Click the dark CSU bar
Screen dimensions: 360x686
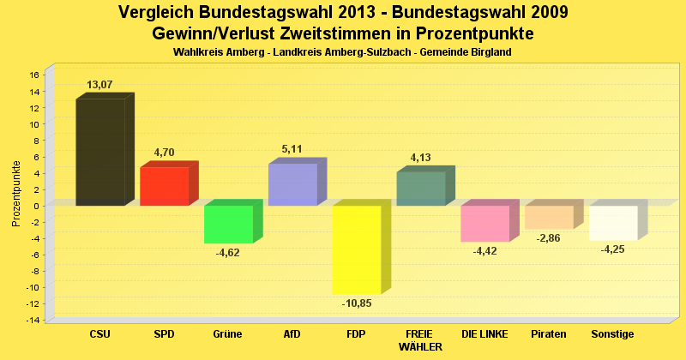(x=100, y=152)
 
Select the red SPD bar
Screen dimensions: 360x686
(x=164, y=186)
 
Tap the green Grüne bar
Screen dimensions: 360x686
(x=228, y=225)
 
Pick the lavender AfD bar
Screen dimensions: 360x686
(x=292, y=184)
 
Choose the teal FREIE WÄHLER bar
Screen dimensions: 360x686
(x=420, y=189)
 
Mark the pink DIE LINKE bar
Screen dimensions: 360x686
(x=484, y=224)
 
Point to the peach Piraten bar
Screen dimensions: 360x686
(x=549, y=218)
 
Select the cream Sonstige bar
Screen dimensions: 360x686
(x=612, y=223)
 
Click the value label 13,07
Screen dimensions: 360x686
(x=100, y=85)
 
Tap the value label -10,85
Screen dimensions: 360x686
(x=357, y=303)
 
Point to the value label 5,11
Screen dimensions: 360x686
(x=292, y=149)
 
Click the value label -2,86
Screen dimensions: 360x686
(x=549, y=238)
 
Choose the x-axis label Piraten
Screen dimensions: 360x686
(x=549, y=333)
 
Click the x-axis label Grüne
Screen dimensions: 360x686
(x=228, y=333)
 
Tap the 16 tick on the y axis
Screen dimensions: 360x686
(x=34, y=75)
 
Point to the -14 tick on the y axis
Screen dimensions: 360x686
(x=33, y=320)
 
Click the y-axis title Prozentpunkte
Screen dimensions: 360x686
(x=16, y=193)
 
